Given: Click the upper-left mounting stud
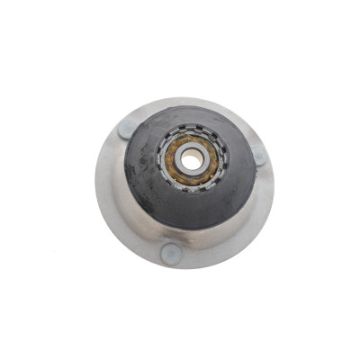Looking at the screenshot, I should click(127, 128).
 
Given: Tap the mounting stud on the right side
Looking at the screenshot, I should click(259, 156).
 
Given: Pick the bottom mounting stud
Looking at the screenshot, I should click(170, 254).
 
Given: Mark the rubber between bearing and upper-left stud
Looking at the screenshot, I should click(148, 141).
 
